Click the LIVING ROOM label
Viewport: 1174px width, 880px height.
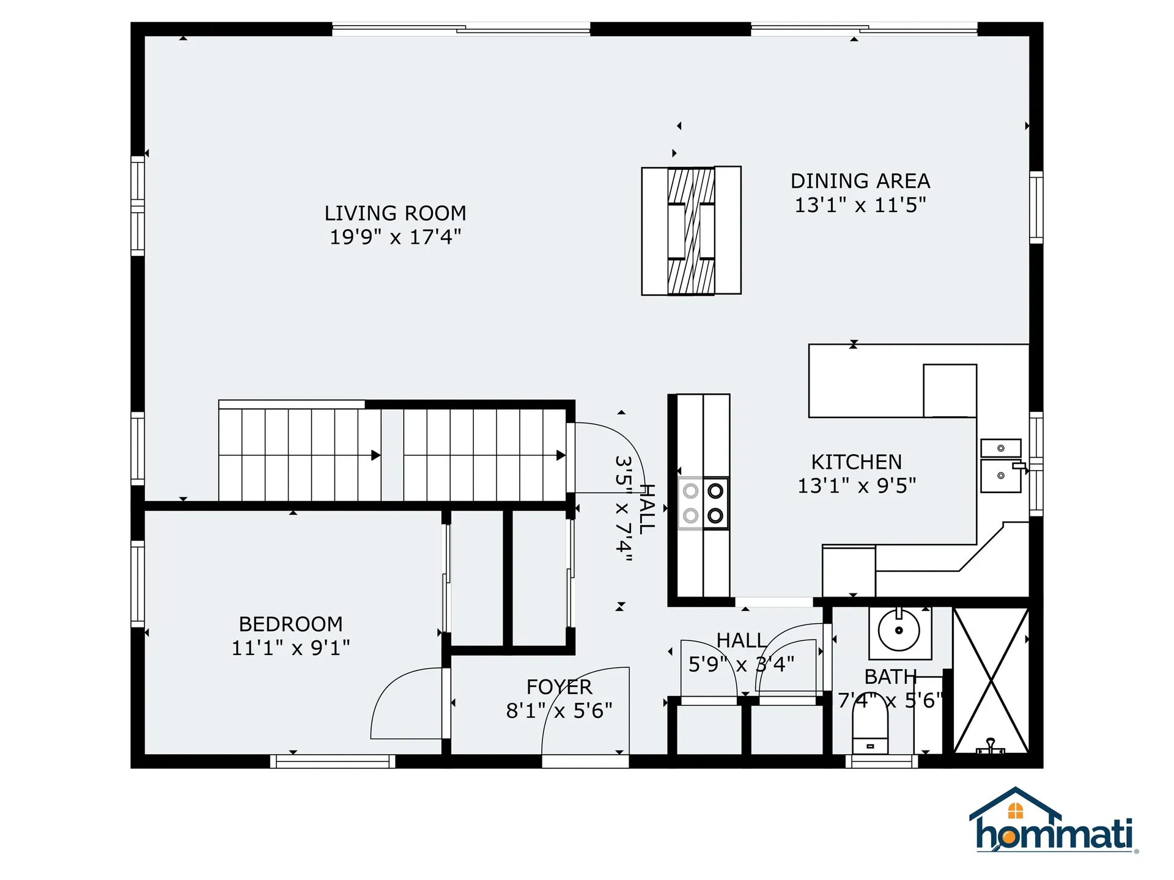[395, 213]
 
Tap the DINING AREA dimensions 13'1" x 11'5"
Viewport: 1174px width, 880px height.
[860, 205]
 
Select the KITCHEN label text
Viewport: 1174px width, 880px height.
[856, 462]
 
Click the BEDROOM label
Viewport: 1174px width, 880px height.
[290, 624]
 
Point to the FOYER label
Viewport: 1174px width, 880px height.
[559, 687]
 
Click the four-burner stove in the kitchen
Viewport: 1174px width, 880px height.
[703, 503]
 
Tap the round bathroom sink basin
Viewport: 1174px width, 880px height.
[899, 630]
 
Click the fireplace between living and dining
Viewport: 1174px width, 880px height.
[691, 230]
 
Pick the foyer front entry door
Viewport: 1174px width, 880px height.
[585, 761]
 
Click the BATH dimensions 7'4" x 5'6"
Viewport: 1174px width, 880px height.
[890, 700]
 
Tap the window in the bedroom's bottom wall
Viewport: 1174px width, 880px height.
[332, 761]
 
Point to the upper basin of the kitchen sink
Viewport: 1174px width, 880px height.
[1000, 448]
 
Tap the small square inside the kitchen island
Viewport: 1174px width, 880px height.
[950, 391]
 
